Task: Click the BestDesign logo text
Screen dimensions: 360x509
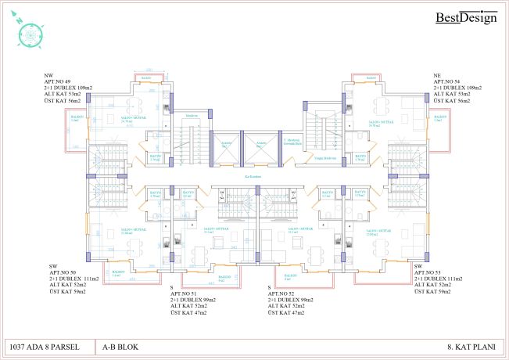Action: [465, 17]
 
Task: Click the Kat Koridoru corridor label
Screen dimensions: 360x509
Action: [253, 178]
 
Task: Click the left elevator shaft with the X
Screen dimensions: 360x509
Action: [226, 147]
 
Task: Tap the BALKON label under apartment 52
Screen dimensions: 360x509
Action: [290, 275]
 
